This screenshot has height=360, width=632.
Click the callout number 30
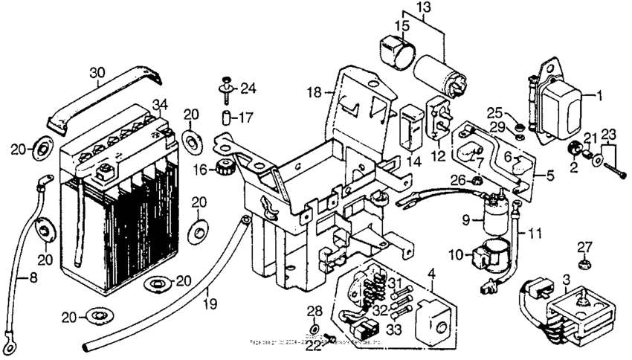97,72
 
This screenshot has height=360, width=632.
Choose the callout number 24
248,89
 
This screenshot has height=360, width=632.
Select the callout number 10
455,254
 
